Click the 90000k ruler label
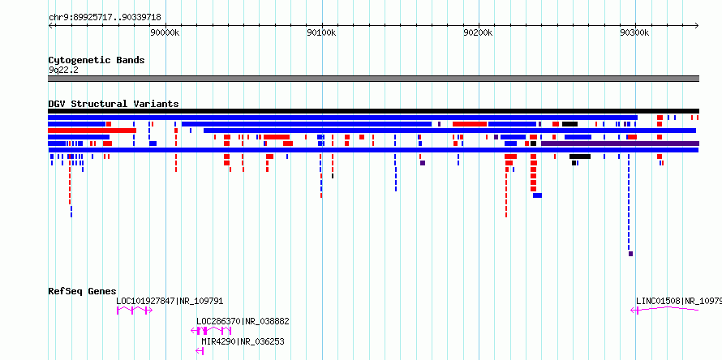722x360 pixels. click(x=165, y=32)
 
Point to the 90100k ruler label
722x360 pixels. click(x=322, y=32)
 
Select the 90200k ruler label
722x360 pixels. click(x=479, y=32)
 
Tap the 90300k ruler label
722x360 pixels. click(x=635, y=32)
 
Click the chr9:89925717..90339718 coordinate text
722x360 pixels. click(x=105, y=17)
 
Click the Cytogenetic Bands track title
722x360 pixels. click(x=97, y=60)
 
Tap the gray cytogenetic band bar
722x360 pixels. click(x=373, y=79)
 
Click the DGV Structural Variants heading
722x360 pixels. click(x=114, y=104)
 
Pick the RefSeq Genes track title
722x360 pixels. click(x=83, y=291)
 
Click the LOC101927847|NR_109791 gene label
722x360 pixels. click(x=170, y=301)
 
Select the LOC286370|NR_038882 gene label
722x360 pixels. click(x=243, y=321)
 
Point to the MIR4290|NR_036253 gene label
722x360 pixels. click(x=243, y=341)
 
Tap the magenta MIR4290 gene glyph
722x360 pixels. click(x=200, y=351)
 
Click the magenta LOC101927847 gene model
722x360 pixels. click(x=134, y=311)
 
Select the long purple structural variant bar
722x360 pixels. click(x=620, y=144)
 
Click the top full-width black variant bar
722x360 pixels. click(x=373, y=111)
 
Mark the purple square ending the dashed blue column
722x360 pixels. click(x=630, y=254)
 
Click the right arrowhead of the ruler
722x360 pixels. click(x=698, y=26)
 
